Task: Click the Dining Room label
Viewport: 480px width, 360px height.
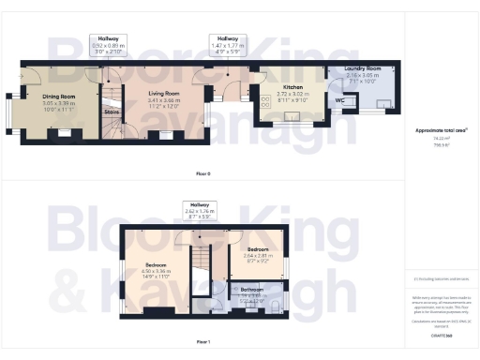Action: (58, 95)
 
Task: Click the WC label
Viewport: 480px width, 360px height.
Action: (340, 98)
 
